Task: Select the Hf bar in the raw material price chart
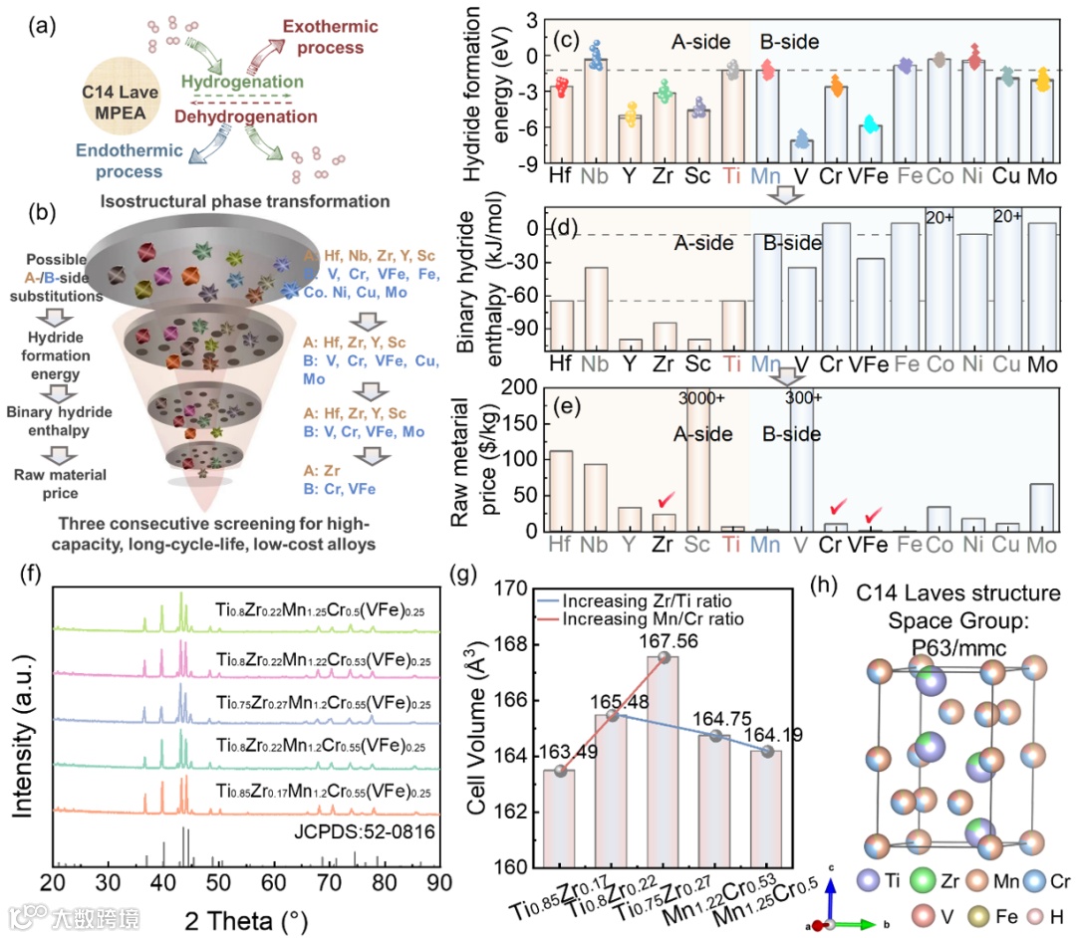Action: [x=562, y=491]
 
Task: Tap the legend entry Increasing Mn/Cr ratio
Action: [x=653, y=618]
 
